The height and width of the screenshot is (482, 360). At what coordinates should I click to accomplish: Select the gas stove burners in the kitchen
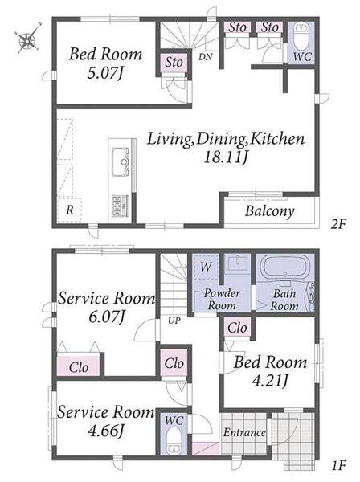tap(121, 205)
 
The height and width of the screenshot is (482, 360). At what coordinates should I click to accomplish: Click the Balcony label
tap(269, 211)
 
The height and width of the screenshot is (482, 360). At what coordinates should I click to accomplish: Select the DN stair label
tap(206, 57)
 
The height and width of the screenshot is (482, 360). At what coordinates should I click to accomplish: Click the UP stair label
tap(174, 321)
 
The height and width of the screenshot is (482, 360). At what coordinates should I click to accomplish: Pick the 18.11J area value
tap(226, 157)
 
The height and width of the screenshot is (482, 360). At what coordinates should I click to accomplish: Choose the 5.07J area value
tap(105, 73)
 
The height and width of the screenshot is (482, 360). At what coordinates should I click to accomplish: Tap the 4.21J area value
tap(270, 381)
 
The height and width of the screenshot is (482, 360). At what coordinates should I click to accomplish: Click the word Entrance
tap(244, 433)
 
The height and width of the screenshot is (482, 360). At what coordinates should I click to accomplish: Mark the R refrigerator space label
tap(70, 210)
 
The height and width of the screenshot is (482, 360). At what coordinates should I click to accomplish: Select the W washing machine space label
tap(206, 267)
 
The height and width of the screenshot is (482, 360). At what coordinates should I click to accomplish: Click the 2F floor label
tap(338, 225)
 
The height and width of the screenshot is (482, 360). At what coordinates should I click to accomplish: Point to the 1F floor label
tap(339, 465)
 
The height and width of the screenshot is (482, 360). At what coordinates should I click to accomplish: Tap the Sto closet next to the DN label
tap(174, 63)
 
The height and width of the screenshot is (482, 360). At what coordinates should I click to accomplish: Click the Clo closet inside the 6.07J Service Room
tap(79, 367)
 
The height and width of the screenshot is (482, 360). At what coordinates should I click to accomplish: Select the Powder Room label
tap(222, 300)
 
